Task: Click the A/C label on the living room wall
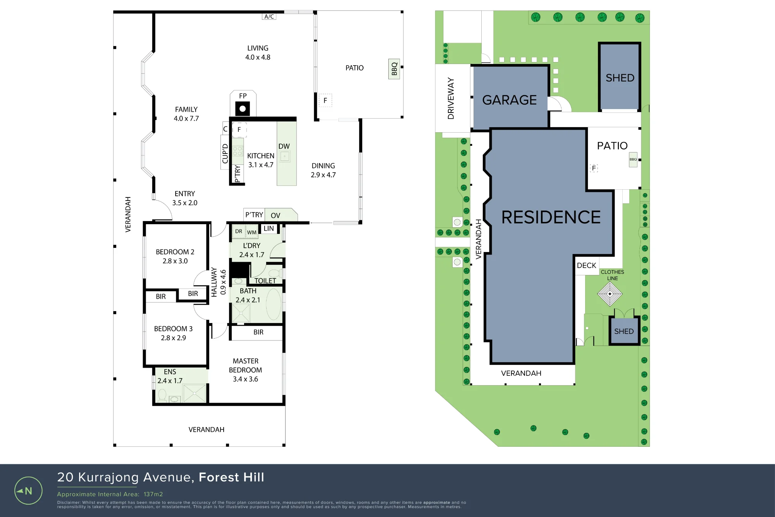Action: click(269, 17)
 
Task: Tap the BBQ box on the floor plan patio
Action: click(394, 69)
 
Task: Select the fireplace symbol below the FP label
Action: click(243, 109)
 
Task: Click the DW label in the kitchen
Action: click(284, 146)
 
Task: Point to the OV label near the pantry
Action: click(276, 216)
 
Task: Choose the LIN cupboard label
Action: click(269, 228)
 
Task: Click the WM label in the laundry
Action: click(252, 232)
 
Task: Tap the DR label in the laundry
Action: click(239, 231)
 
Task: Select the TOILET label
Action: click(265, 280)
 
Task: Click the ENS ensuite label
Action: click(170, 372)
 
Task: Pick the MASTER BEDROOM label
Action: click(245, 365)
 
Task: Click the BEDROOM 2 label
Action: click(175, 252)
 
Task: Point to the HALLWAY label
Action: click(214, 282)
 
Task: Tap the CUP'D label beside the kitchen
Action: click(225, 153)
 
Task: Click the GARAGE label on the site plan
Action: click(510, 100)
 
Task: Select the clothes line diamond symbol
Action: click(610, 294)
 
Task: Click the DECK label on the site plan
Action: click(587, 266)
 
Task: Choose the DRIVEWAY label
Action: click(451, 98)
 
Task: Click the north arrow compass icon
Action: click(28, 491)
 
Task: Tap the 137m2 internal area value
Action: click(153, 494)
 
